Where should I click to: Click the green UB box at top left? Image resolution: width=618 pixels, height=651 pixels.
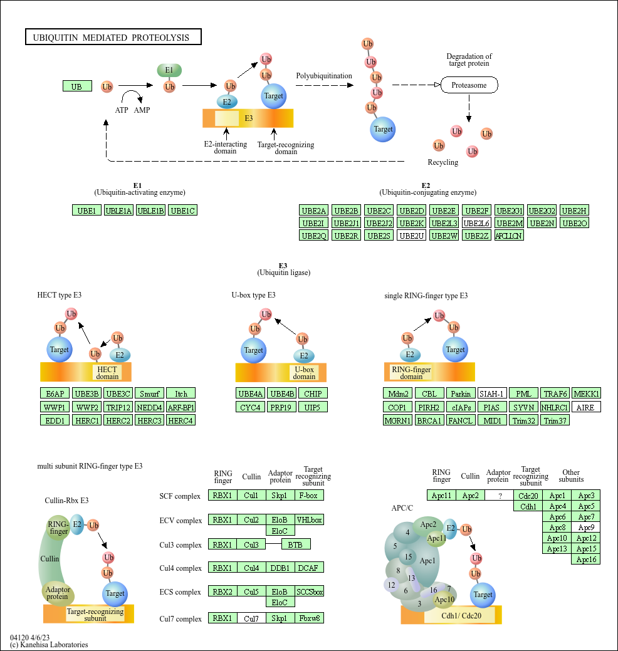pos(76,86)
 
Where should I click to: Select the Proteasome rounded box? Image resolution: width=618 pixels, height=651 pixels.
pos(469,85)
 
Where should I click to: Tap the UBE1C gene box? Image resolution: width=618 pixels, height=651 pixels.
pos(183,211)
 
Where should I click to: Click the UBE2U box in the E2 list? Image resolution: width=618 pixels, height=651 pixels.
pos(411,236)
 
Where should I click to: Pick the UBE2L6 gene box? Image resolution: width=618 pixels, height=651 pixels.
pos(476,223)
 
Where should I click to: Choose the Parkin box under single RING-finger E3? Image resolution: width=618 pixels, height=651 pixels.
pos(460,393)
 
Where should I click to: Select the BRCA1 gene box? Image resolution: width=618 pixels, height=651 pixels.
pos(428,420)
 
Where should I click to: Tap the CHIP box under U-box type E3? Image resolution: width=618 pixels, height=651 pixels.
pos(312,393)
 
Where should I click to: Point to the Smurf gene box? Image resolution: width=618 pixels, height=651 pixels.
pos(149,393)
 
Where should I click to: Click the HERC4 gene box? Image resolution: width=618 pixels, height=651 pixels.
pos(181,420)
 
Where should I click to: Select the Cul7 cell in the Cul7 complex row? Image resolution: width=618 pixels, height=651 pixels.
pos(251,618)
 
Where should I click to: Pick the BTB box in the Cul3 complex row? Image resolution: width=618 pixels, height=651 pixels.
pos(295,544)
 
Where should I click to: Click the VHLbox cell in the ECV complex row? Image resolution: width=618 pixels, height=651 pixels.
pos(310,519)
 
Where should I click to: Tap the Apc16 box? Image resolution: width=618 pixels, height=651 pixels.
pos(586,559)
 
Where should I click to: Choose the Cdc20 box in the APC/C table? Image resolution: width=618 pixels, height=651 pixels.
pos(528,496)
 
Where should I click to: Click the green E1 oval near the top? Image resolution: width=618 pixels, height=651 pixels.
pos(169,71)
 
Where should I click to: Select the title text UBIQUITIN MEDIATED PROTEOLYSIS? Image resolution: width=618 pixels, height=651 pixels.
pos(113,38)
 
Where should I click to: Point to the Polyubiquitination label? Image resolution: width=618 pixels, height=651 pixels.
pos(323,76)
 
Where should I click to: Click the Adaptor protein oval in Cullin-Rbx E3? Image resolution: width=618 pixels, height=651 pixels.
pos(58,592)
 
